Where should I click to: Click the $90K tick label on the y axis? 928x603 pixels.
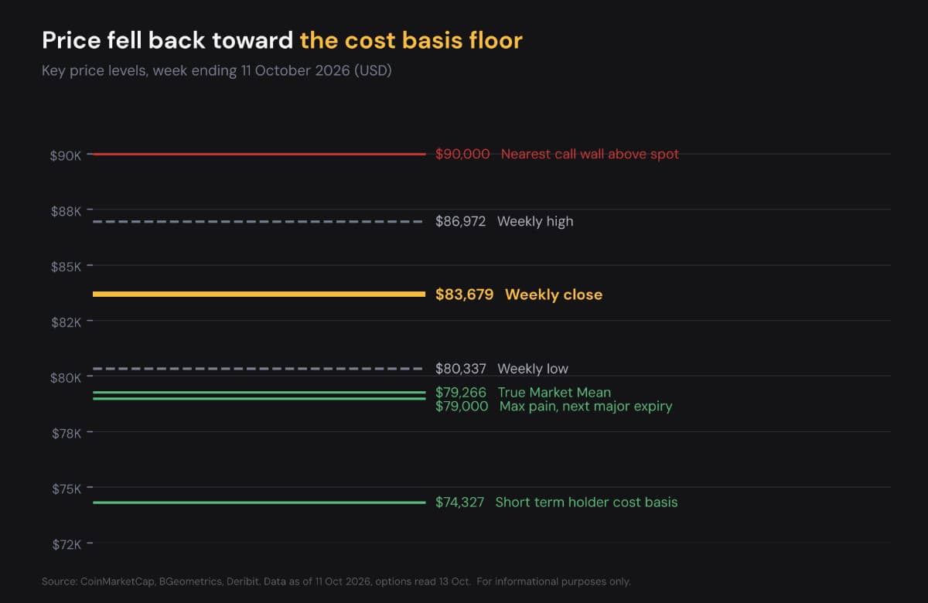point(66,155)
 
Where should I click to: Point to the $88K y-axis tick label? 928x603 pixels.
point(66,211)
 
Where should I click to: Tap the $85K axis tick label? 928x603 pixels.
point(66,267)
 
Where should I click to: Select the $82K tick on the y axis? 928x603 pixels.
point(66,322)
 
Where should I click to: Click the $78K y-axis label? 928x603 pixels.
point(67,433)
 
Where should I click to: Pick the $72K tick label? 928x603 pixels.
point(67,544)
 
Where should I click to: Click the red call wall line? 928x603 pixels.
point(259,154)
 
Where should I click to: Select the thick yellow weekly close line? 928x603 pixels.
point(259,294)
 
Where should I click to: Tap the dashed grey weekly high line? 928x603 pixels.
point(258,222)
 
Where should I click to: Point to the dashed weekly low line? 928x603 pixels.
point(258,369)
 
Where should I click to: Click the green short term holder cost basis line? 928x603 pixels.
point(259,502)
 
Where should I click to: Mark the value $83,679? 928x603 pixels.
point(464,295)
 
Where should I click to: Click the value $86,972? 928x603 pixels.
point(460,222)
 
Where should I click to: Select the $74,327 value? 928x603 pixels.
point(459,502)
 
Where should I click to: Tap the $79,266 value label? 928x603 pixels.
point(460,392)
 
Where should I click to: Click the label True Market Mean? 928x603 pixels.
point(554,392)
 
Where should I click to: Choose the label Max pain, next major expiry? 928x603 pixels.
point(586,407)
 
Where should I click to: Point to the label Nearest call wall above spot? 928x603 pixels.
point(590,154)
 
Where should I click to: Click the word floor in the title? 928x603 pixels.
point(496,40)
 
